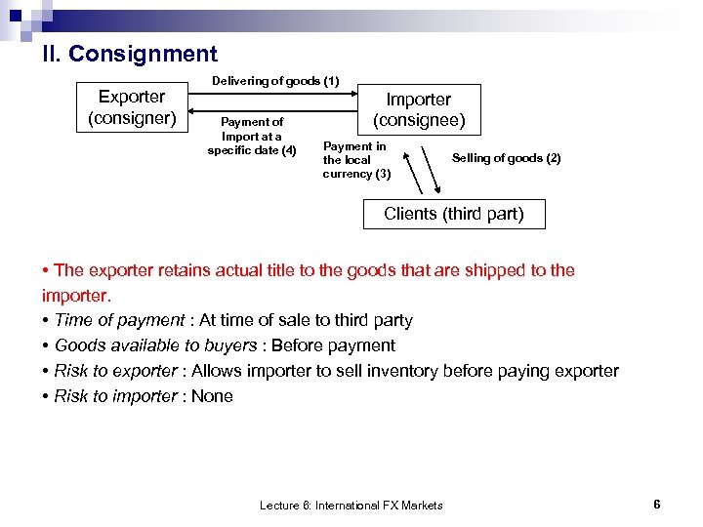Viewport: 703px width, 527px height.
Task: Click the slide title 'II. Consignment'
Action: (x=129, y=54)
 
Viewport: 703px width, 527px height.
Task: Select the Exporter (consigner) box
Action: (x=132, y=107)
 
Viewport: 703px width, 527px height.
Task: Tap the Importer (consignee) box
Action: (x=418, y=109)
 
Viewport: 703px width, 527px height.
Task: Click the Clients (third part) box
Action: (x=453, y=214)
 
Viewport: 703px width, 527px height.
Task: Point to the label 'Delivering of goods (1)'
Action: (x=275, y=82)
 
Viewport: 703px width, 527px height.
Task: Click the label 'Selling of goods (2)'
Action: (x=506, y=158)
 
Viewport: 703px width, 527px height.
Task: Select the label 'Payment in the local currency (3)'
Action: (x=356, y=160)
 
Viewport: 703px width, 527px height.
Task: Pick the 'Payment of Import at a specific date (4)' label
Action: (x=252, y=136)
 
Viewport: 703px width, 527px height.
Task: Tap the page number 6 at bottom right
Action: (x=657, y=504)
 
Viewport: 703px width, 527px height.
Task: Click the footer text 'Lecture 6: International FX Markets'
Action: (x=351, y=505)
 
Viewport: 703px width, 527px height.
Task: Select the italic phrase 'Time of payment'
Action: (x=119, y=320)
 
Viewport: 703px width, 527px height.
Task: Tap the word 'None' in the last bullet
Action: (x=213, y=396)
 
